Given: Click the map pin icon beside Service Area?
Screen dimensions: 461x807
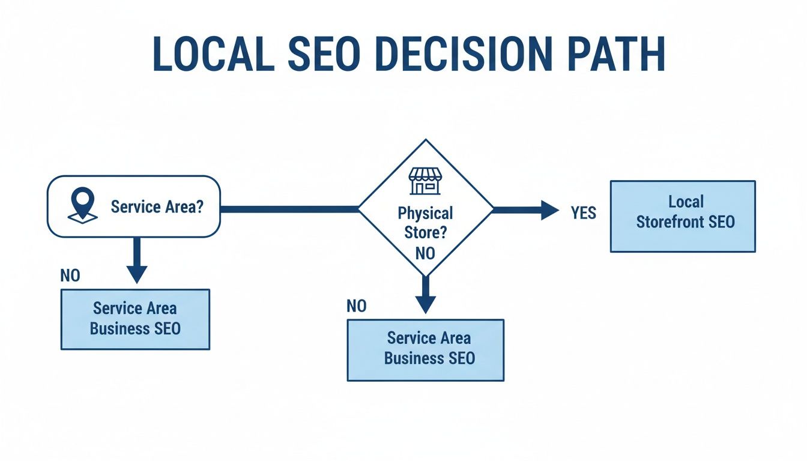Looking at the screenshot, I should pos(82,204).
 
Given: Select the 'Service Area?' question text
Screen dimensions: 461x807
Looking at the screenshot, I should pos(157,207).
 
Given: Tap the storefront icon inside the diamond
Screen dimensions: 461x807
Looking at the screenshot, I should pos(425,181).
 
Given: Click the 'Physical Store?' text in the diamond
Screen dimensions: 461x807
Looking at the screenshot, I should pos(425,222).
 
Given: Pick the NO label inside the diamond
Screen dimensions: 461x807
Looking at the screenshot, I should pos(425,253).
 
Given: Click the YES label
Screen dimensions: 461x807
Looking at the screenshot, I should pos(583,213).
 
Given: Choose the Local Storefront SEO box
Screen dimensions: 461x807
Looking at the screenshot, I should pos(683,216).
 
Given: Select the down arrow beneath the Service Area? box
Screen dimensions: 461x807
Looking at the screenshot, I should pos(137,260).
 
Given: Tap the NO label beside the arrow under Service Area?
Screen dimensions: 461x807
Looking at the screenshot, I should pos(70,276).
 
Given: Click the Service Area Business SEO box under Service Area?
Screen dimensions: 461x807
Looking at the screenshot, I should pos(135,319).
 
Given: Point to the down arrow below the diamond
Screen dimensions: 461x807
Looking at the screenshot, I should pos(425,295).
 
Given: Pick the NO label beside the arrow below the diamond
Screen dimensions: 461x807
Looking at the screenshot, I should pos(357,307).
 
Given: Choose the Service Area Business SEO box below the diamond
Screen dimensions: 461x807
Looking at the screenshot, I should pos(426,350).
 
